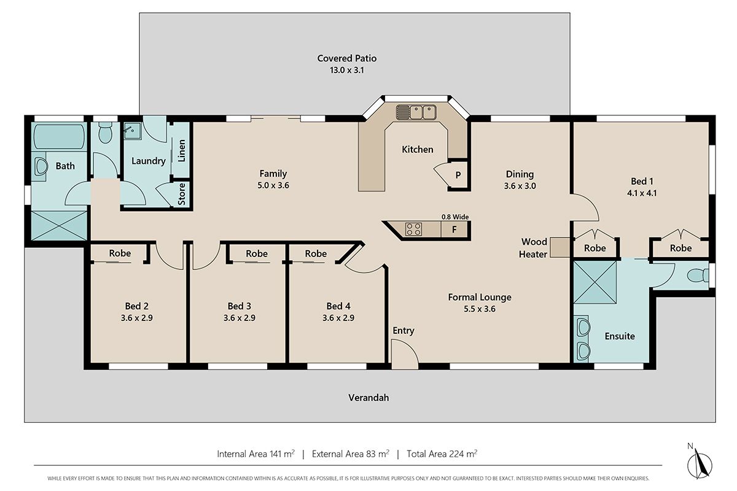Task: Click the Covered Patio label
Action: pyautogui.click(x=347, y=58)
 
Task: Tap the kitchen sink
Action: pyautogui.click(x=416, y=112)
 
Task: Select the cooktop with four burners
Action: pyautogui.click(x=413, y=229)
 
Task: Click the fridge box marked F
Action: pyautogui.click(x=454, y=229)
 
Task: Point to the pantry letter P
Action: pyautogui.click(x=458, y=175)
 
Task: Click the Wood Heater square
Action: pyautogui.click(x=560, y=247)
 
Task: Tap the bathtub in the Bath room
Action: pyautogui.click(x=59, y=136)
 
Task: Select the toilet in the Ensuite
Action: pyautogui.click(x=698, y=275)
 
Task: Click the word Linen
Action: pyautogui.click(x=182, y=150)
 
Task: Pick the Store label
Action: pyautogui.click(x=182, y=194)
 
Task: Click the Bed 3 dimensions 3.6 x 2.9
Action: pyautogui.click(x=239, y=318)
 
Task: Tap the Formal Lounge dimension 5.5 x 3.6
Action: pyautogui.click(x=480, y=309)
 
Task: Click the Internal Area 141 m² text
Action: pyautogui.click(x=255, y=454)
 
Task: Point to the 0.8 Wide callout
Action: pyautogui.click(x=455, y=217)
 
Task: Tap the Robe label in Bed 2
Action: pyautogui.click(x=120, y=253)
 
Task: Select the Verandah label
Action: pyautogui.click(x=368, y=398)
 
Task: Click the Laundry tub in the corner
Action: pyautogui.click(x=133, y=131)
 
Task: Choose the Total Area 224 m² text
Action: pyautogui.click(x=442, y=454)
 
